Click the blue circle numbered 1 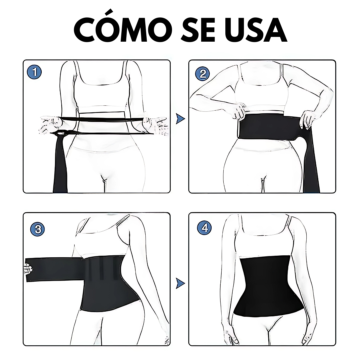click(35, 73)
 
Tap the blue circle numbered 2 click(202, 74)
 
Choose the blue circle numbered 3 click(38, 229)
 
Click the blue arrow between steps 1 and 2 click(180, 119)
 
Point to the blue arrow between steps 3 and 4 click(180, 283)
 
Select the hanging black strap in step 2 click(311, 161)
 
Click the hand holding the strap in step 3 click(28, 268)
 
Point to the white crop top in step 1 click(101, 92)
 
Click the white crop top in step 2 click(262, 92)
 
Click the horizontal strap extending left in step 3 click(55, 270)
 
